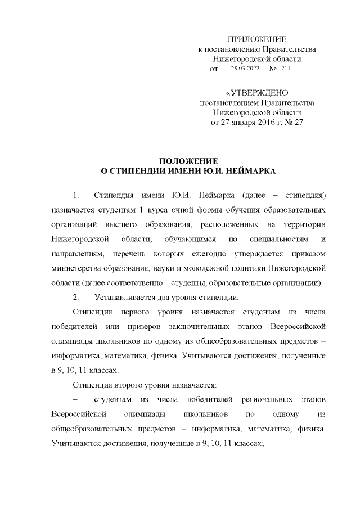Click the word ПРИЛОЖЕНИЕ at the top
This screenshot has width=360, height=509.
257,39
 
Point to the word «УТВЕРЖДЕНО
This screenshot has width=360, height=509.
257,93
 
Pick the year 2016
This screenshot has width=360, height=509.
272,123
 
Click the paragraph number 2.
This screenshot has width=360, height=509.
76,296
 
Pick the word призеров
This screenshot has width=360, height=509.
145,326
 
